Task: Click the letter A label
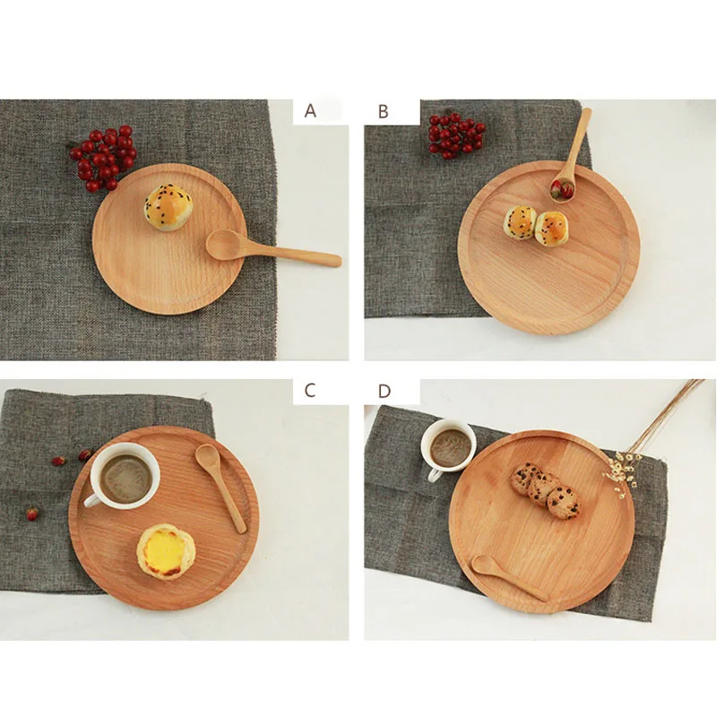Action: (311, 111)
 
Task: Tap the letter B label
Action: (384, 111)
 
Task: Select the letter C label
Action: (310, 390)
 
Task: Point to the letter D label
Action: (384, 391)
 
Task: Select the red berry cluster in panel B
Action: (454, 134)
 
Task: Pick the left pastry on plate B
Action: (520, 221)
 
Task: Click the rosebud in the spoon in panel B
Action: (562, 188)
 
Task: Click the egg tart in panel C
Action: (166, 551)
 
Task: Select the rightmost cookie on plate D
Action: (563, 502)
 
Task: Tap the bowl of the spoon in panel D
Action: (485, 565)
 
